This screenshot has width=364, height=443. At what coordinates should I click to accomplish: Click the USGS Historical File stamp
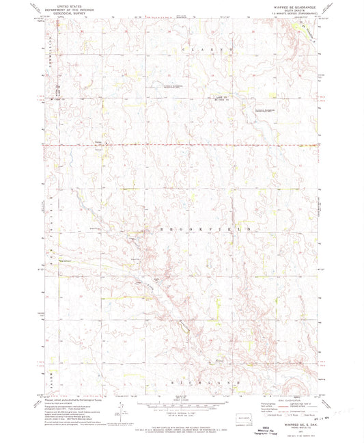(183, 432)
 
